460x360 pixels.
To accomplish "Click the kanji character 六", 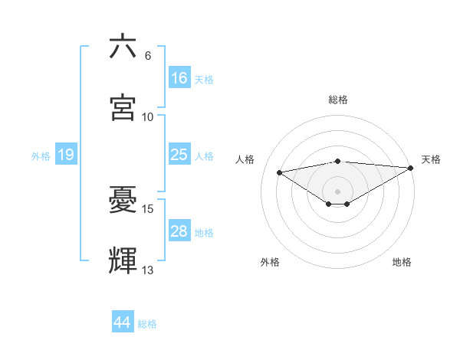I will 123,47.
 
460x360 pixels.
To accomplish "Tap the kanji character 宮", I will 123,108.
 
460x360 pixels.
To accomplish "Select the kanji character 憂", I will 123,201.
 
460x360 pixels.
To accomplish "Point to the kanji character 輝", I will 123,261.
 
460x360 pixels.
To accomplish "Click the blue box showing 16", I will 179,78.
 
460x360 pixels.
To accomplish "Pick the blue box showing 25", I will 179,155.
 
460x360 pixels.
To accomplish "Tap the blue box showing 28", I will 179,231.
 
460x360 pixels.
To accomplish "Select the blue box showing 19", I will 66,155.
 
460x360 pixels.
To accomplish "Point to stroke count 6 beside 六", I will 148,56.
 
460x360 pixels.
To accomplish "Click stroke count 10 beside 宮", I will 148,117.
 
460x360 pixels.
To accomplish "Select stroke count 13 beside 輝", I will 148,270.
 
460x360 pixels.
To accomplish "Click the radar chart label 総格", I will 338,100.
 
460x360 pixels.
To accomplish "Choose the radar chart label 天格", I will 431,159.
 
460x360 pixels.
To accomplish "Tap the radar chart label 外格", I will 270,263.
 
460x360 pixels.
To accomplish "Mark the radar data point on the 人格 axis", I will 280,172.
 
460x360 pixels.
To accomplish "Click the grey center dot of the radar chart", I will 338,191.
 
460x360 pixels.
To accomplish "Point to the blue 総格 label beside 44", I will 147,324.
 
